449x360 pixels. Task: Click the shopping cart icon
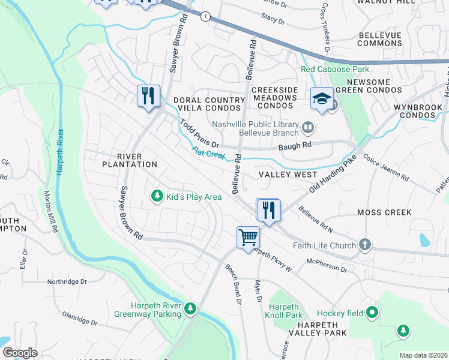[247, 238]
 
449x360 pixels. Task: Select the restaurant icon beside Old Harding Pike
[267, 210]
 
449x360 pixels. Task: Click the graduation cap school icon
[321, 98]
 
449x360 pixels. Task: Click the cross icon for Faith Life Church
[364, 245]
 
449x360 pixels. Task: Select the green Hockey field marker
[373, 312]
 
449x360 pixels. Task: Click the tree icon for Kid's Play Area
[157, 197]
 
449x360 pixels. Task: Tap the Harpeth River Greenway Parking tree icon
[190, 308]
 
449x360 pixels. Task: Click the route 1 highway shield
[205, 16]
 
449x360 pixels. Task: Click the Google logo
[20, 353]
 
